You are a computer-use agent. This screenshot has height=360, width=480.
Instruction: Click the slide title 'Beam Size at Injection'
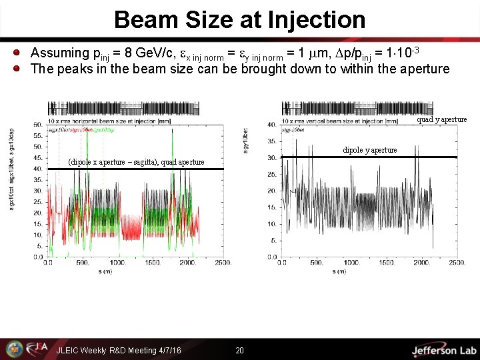click(x=239, y=19)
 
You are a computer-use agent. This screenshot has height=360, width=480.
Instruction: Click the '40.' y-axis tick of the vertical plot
click(x=272, y=123)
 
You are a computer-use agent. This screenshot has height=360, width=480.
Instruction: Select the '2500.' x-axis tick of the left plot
click(x=223, y=263)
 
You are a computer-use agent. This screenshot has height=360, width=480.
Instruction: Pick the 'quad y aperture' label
click(x=442, y=120)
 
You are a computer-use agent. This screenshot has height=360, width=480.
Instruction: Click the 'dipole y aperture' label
click(x=370, y=150)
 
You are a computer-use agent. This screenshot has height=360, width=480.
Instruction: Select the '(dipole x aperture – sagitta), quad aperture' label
click(x=137, y=163)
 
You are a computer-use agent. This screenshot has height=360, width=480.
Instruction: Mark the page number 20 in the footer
click(x=239, y=351)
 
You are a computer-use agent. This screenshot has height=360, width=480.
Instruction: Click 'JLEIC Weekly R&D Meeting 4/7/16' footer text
click(x=119, y=351)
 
